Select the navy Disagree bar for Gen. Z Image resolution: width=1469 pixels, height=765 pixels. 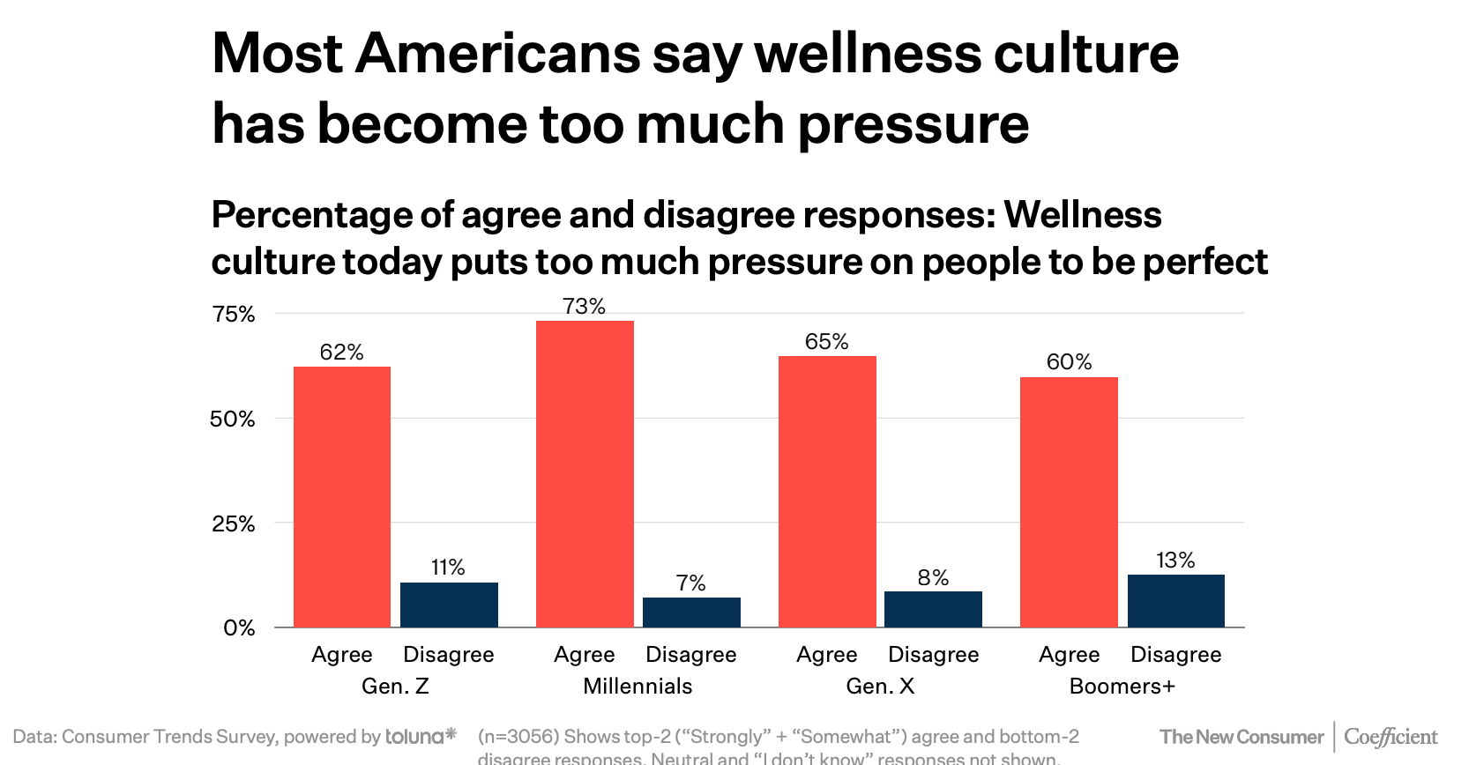coord(449,605)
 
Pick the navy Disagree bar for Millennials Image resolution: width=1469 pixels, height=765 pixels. coord(691,613)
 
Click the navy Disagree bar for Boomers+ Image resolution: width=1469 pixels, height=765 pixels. coord(1175,601)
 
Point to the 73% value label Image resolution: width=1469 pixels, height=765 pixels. coord(585,306)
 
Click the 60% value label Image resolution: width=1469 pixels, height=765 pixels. coord(1069,361)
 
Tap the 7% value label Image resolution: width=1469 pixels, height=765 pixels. coord(691,583)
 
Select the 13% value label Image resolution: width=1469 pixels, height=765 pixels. coord(1175,560)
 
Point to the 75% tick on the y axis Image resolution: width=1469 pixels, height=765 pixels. coord(234,314)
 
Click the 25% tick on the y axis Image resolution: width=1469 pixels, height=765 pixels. coord(234,524)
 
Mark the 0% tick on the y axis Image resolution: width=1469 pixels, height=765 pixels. coord(239,628)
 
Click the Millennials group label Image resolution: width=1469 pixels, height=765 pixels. coord(638,686)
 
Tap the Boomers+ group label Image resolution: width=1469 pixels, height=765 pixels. coord(1122,686)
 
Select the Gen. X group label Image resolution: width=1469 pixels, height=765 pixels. coord(880,686)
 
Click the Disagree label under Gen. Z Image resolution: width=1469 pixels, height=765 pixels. coord(449,654)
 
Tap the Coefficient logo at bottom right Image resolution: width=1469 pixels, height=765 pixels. coord(1391,737)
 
